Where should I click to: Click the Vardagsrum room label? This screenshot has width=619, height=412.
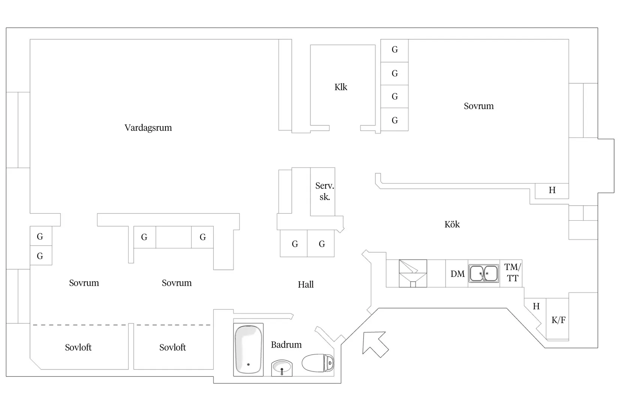tap(148, 128)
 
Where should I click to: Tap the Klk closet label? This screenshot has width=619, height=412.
tap(341, 87)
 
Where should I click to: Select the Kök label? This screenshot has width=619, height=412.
tap(452, 224)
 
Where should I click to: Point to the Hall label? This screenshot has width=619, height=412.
tap(306, 285)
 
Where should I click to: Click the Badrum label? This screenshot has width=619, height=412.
tap(286, 345)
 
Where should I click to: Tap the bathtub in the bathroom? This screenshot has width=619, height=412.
tap(248, 349)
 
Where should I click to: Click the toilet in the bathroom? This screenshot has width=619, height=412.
tap(318, 363)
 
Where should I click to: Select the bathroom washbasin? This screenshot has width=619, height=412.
tap(282, 368)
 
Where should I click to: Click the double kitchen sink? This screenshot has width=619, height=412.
tap(484, 273)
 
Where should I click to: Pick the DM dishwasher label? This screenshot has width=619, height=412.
tap(458, 274)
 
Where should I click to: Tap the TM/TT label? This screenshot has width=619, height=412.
tap(512, 273)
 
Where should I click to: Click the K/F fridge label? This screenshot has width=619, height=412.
tap(559, 320)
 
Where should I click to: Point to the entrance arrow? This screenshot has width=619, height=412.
tap(375, 344)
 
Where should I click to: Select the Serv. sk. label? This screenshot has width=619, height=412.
tap(325, 191)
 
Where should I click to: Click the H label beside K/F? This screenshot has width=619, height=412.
tap(536, 306)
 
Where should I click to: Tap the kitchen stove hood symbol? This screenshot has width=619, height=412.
tap(413, 273)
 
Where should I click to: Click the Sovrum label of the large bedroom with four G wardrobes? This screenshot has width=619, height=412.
tap(479, 106)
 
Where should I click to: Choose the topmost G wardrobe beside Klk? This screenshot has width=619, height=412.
tap(395, 51)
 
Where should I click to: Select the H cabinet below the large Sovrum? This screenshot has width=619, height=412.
tap(552, 191)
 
